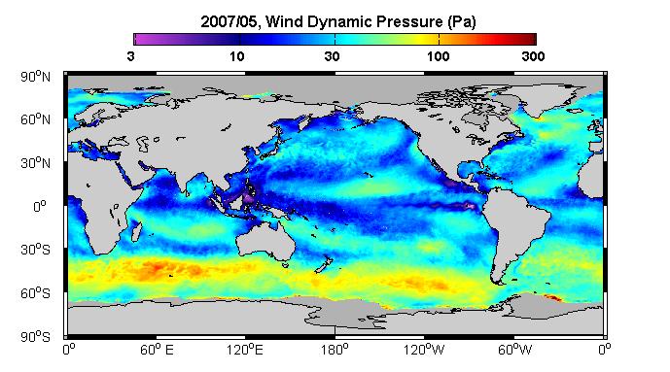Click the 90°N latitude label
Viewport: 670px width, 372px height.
click(35, 77)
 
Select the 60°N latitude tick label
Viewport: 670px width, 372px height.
click(35, 119)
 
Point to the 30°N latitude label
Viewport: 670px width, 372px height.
click(35, 163)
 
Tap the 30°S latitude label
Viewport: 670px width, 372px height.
click(35, 250)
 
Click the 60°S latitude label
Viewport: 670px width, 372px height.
click(35, 293)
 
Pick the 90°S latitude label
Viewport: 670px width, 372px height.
click(35, 337)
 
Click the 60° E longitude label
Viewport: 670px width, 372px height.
click(157, 351)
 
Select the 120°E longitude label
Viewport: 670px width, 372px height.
click(245, 351)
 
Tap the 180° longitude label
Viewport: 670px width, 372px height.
click(335, 351)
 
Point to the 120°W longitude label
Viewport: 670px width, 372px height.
click(424, 351)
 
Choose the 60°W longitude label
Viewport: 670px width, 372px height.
click(514, 351)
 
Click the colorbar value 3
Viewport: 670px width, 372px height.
click(130, 56)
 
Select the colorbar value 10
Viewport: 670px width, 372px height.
click(236, 56)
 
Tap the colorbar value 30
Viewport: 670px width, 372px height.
click(332, 56)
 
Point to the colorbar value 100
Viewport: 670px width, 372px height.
click(438, 56)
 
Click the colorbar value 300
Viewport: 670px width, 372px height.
click(533, 56)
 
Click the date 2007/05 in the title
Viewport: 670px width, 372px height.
click(229, 21)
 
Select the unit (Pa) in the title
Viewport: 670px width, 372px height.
click(462, 22)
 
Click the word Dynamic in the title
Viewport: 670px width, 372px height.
click(338, 22)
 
